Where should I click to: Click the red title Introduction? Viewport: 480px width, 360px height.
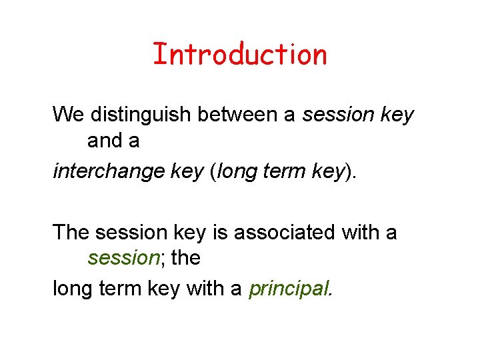239,54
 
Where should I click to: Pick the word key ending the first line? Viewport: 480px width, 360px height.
398,115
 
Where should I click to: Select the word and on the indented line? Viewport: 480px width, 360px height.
104,141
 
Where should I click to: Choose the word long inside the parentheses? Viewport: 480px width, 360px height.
236,171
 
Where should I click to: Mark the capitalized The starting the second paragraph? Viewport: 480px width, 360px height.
71,233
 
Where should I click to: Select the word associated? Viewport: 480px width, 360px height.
287,233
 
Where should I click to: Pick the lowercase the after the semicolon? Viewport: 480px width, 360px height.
186,258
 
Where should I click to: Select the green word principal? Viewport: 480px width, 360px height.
289,289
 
